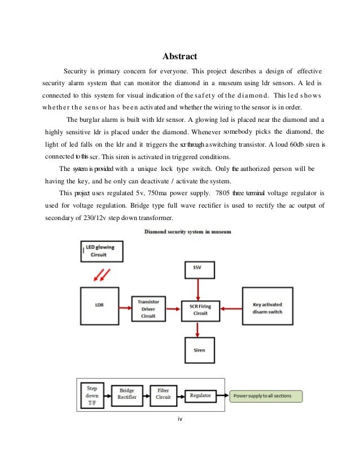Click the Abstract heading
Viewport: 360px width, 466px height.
coord(179,56)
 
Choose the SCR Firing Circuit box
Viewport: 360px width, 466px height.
coord(199,309)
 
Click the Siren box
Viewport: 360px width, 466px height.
coord(199,350)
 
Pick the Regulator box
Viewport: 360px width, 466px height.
coord(200,395)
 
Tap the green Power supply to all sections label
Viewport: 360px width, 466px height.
coord(265,395)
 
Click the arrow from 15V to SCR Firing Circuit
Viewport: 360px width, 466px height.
coord(199,288)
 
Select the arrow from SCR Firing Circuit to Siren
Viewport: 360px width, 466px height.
coord(199,328)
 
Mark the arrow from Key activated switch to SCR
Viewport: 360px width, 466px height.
coord(229,308)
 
